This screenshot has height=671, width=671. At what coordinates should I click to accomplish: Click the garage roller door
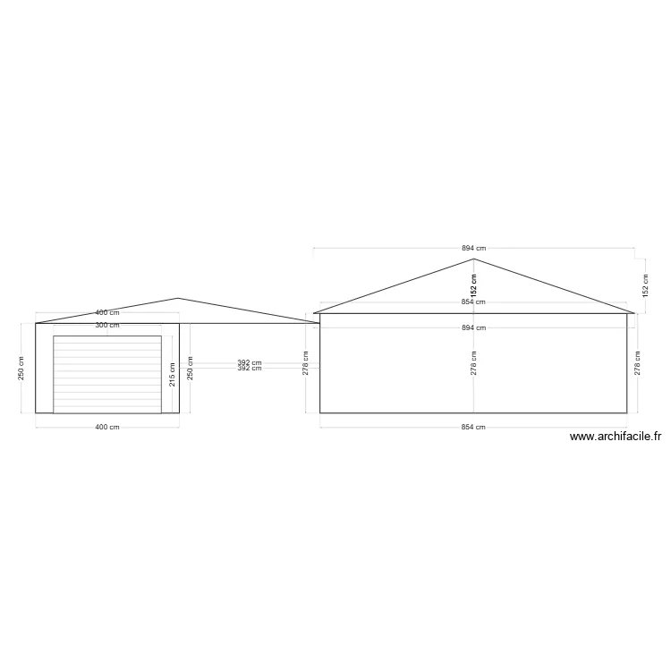pyautogui.click(x=107, y=374)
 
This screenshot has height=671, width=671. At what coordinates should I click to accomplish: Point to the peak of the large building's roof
pyautogui.click(x=473, y=259)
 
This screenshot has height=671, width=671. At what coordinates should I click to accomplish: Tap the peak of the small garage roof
pyautogui.click(x=178, y=299)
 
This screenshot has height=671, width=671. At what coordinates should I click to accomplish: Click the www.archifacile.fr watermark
pyautogui.click(x=615, y=437)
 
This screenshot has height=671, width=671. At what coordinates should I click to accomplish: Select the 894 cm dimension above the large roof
pyautogui.click(x=473, y=248)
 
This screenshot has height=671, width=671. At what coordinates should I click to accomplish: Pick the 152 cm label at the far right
pyautogui.click(x=646, y=285)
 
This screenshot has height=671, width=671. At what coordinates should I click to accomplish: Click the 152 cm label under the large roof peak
pyautogui.click(x=473, y=285)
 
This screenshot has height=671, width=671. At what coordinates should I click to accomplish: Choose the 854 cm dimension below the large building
pyautogui.click(x=473, y=428)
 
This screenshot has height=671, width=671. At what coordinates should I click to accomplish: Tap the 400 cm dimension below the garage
pyautogui.click(x=107, y=428)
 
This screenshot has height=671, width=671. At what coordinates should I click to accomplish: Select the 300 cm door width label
pyautogui.click(x=107, y=326)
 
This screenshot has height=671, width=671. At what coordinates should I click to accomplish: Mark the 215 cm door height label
pyautogui.click(x=173, y=374)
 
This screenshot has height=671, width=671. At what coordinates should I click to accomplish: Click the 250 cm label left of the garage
pyautogui.click(x=21, y=368)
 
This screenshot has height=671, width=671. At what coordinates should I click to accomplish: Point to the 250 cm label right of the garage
pyautogui.click(x=190, y=368)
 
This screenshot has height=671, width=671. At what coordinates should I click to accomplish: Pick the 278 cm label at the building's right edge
pyautogui.click(x=637, y=363)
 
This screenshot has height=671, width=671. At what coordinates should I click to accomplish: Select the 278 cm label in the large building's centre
pyautogui.click(x=473, y=363)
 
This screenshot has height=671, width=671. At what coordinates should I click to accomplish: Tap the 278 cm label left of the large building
pyautogui.click(x=306, y=363)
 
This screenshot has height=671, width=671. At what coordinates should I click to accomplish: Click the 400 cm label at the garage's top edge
pyautogui.click(x=107, y=313)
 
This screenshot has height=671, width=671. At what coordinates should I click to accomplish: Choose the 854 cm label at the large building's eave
pyautogui.click(x=473, y=302)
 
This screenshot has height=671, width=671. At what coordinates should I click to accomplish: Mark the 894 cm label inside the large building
pyautogui.click(x=473, y=328)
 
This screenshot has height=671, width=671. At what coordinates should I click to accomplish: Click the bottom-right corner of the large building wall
pyautogui.click(x=627, y=412)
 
